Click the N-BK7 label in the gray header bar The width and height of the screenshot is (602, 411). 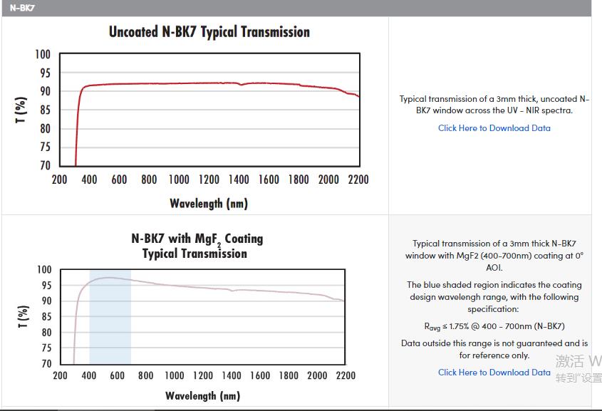click(x=23, y=8)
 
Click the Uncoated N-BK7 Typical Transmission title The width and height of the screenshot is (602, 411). click(x=209, y=32)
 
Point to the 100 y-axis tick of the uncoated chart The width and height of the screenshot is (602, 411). click(x=43, y=55)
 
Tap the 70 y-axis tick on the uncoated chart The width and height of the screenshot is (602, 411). click(x=44, y=165)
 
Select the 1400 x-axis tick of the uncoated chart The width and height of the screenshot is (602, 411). click(x=239, y=180)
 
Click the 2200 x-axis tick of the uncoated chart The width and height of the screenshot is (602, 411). click(x=358, y=180)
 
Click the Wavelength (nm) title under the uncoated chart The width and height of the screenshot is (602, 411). click(x=209, y=204)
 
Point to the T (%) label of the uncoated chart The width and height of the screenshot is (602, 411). click(x=21, y=110)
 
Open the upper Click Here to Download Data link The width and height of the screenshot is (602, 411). click(x=494, y=128)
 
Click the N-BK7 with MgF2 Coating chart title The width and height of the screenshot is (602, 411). click(x=197, y=246)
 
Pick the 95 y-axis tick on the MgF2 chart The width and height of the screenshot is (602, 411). click(x=44, y=286)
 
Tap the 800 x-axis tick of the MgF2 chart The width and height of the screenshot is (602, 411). click(x=145, y=375)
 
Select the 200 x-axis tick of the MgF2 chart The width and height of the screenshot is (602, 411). click(x=60, y=375)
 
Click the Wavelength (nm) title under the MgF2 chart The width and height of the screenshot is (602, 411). click(x=202, y=395)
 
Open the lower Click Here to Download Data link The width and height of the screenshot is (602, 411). click(x=494, y=372)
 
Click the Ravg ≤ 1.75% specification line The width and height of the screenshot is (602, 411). click(x=494, y=326)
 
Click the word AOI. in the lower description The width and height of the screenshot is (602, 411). click(x=494, y=268)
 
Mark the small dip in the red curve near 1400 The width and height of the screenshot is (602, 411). click(x=241, y=85)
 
